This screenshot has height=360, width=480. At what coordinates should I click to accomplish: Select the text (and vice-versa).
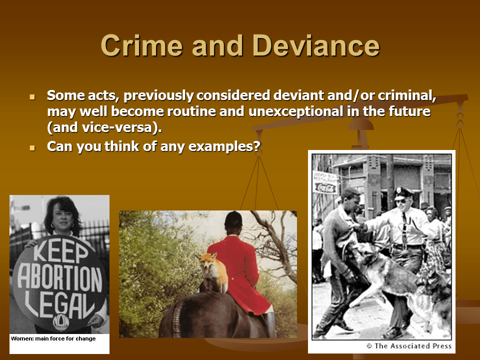104,127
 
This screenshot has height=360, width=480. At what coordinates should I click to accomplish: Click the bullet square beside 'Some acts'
33,95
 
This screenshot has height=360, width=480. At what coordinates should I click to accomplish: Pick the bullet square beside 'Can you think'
33,148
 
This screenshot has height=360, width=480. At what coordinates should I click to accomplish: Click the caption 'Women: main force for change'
53,338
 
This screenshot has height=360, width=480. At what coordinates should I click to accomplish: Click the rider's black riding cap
234,219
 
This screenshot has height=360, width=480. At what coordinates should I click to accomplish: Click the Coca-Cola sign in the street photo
326,186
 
